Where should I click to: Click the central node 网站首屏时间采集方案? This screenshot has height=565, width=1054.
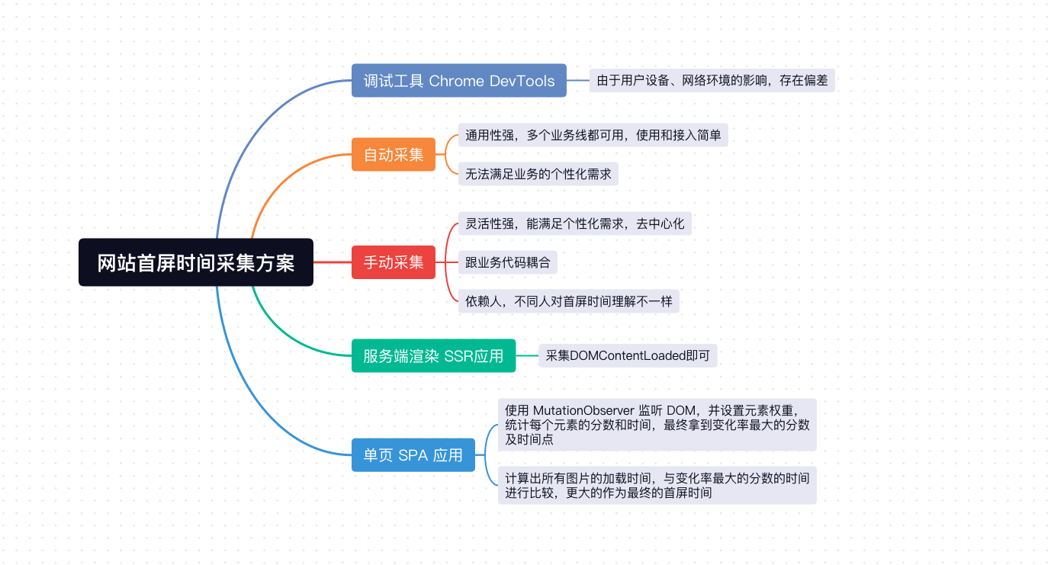tap(196, 262)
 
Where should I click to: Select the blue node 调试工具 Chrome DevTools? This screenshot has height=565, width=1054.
tap(458, 80)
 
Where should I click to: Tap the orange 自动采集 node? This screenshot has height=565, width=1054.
tap(394, 154)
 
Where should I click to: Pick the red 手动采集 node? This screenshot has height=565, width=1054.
tap(394, 262)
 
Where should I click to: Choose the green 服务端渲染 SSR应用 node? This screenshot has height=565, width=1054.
tap(433, 355)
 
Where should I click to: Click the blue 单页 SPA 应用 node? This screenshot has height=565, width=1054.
tap(413, 455)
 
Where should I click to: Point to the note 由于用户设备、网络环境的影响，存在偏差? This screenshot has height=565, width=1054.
tap(712, 80)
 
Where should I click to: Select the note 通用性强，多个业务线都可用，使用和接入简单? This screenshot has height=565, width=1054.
tap(593, 135)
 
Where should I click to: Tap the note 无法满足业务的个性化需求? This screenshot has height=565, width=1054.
tap(538, 174)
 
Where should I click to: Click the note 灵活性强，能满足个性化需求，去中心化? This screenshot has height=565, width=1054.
tap(574, 223)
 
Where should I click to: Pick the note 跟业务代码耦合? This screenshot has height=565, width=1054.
tap(508, 262)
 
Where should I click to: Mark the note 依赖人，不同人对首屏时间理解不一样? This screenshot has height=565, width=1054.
tap(568, 301)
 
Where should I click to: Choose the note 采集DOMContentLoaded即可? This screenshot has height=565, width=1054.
tap(628, 355)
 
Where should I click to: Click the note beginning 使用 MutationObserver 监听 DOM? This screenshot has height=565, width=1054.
tap(657, 425)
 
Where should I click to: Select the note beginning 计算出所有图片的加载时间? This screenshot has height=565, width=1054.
tap(657, 485)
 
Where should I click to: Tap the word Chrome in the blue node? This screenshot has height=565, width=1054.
tap(457, 81)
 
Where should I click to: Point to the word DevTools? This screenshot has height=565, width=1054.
tap(522, 81)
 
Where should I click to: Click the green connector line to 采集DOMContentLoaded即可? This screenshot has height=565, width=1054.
tap(527, 355)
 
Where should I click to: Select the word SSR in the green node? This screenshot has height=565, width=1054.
tap(457, 356)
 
